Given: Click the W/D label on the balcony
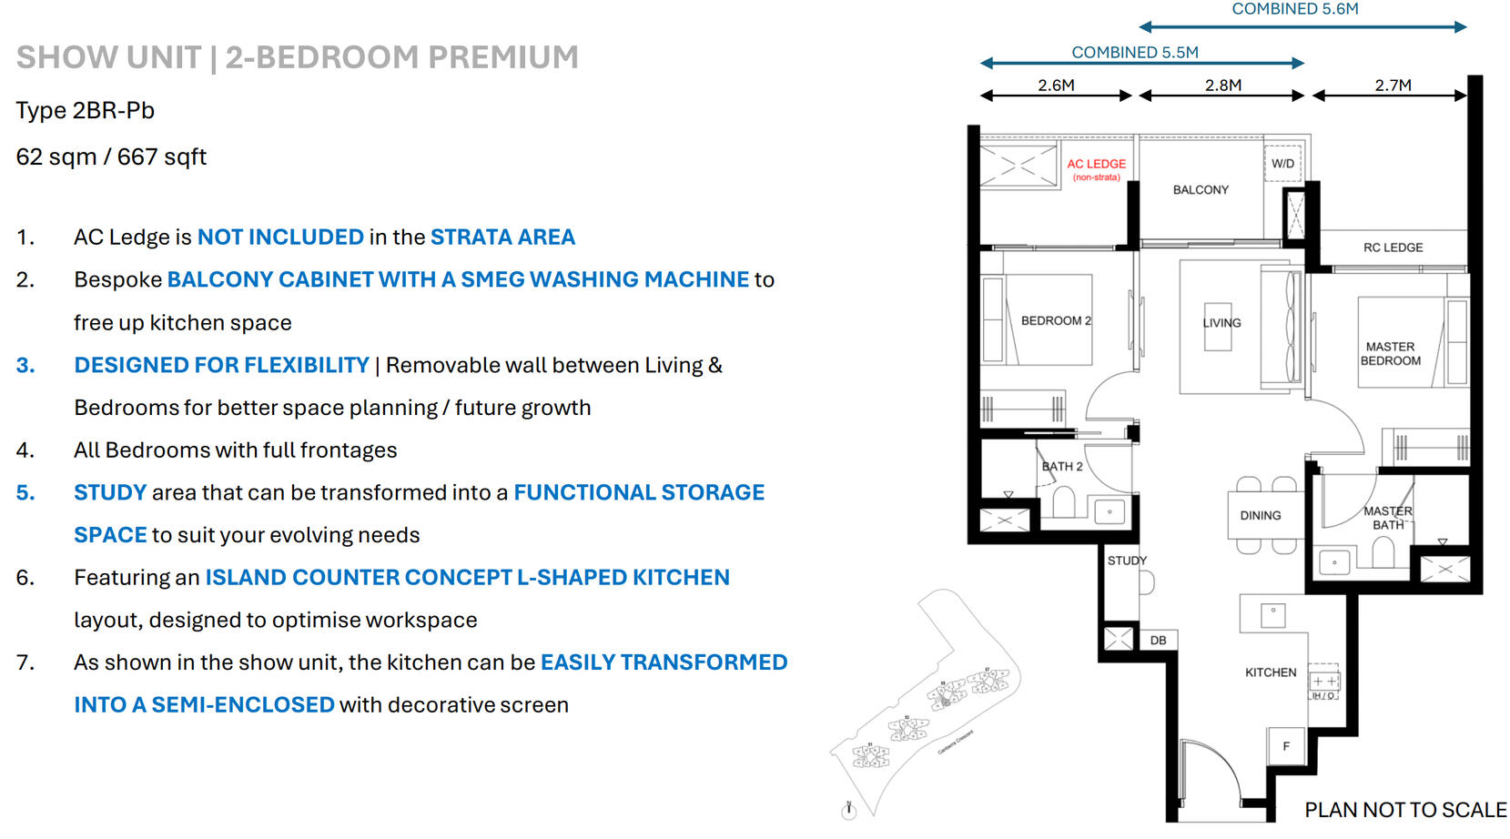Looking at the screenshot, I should pos(1282,164).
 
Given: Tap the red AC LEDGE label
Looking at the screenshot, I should pos(1096,165).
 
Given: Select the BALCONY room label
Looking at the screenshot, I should pos(1201,190).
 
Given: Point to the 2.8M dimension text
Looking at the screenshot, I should pos(1222,86).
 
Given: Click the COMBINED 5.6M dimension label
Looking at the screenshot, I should pos(1294,9).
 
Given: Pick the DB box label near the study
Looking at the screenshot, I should pos(1158,641).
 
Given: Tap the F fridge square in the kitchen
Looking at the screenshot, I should pos(1286,746).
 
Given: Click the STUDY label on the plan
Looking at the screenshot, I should pos(1127,561).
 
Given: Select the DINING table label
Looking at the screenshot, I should pos(1260,516).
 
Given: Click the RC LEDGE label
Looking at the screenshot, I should pos(1393,248).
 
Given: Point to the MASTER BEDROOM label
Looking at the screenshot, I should pos(1390,354).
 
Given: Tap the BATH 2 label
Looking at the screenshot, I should pos(1062,467).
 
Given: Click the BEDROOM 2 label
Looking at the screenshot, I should pos(1056,321).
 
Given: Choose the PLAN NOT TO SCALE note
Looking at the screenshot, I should pos(1405,810).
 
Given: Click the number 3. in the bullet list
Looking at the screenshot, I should pos(25,366).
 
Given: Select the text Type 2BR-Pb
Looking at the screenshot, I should pos(86,111).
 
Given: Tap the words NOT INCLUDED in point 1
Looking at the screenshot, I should pos(280,238).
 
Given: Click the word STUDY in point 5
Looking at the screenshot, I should pos(110,493).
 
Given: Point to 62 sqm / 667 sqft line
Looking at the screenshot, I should pos(111,157).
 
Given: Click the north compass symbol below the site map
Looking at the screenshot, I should pos(849,811).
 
